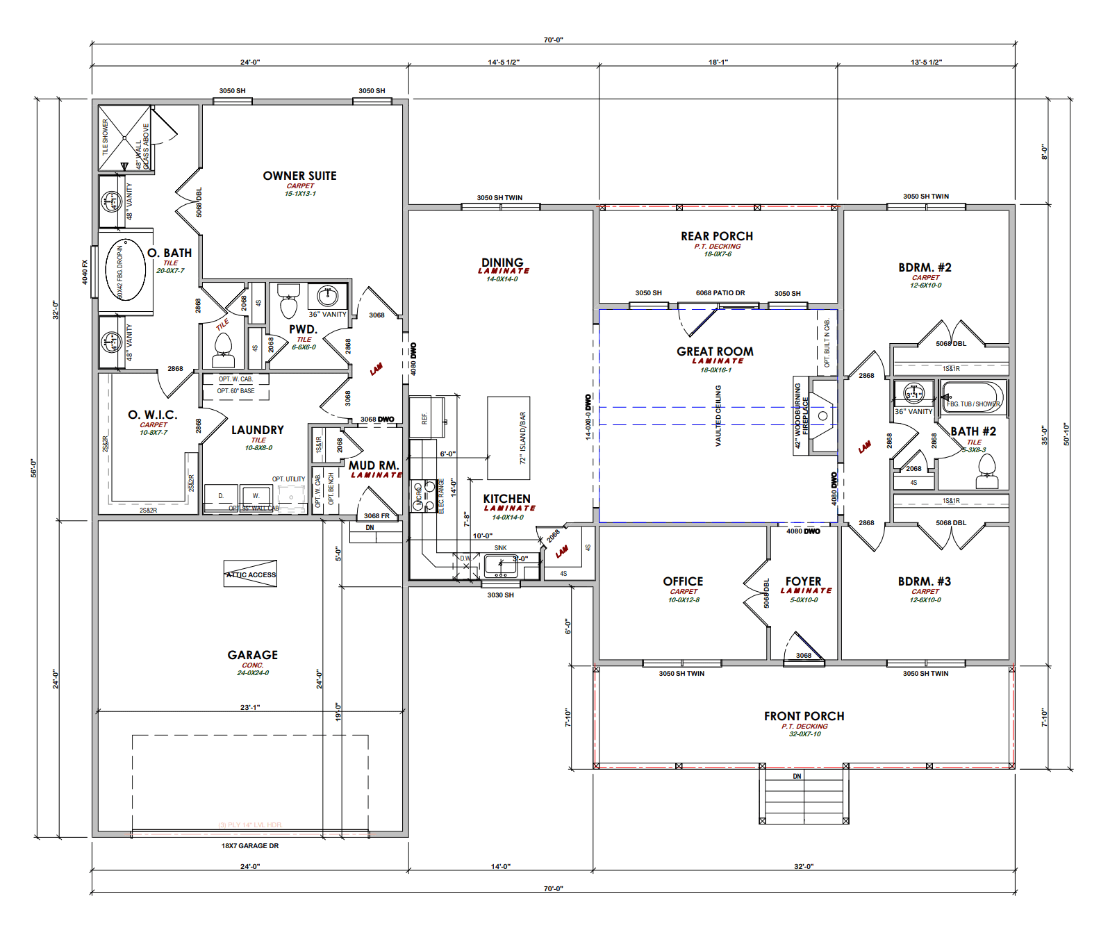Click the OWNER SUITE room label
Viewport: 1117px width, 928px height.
point(299,176)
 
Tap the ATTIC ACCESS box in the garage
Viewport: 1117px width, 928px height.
point(250,574)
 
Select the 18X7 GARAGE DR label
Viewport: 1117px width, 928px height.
point(249,845)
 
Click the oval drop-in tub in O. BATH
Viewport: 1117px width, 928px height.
point(125,270)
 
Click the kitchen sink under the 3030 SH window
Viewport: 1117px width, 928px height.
point(500,565)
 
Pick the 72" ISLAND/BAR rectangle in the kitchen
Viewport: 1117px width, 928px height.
point(508,438)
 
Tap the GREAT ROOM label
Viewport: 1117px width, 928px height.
point(715,351)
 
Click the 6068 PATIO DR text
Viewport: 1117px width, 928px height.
point(720,292)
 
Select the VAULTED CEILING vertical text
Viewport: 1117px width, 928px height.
point(718,415)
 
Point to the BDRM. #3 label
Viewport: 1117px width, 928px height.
point(924,581)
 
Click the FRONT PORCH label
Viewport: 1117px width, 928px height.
point(804,716)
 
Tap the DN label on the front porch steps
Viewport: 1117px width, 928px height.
point(797,776)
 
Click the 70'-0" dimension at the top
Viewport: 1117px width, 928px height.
point(553,40)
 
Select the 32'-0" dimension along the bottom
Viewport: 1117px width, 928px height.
point(803,866)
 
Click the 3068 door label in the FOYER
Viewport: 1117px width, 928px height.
point(804,655)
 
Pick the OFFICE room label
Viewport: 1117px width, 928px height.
point(683,581)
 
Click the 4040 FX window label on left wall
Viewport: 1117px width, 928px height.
point(85,272)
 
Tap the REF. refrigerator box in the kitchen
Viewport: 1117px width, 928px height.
point(424,418)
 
